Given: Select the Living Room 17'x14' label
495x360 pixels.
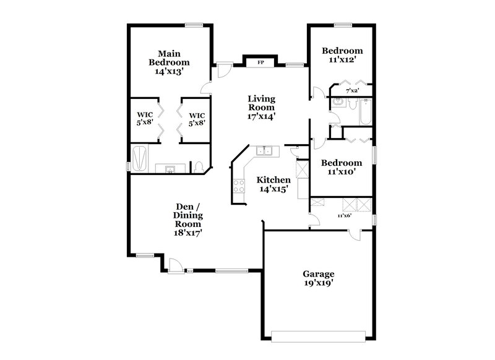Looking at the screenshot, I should pyautogui.click(x=262, y=107).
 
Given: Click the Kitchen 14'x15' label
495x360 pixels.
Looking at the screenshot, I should pyautogui.click(x=273, y=184).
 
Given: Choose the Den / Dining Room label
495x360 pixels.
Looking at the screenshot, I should pyautogui.click(x=189, y=219).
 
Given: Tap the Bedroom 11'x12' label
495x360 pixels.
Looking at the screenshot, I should pyautogui.click(x=343, y=55).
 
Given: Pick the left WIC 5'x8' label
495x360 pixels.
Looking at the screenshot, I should pyautogui.click(x=145, y=119).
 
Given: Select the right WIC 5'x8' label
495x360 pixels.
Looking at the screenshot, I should pyautogui.click(x=197, y=119).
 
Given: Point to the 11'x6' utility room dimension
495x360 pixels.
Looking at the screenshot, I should pyautogui.click(x=344, y=216).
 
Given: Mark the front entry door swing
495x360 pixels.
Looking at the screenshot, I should pyautogui.click(x=177, y=265).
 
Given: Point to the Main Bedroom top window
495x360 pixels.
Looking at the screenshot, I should pyautogui.click(x=194, y=25).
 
